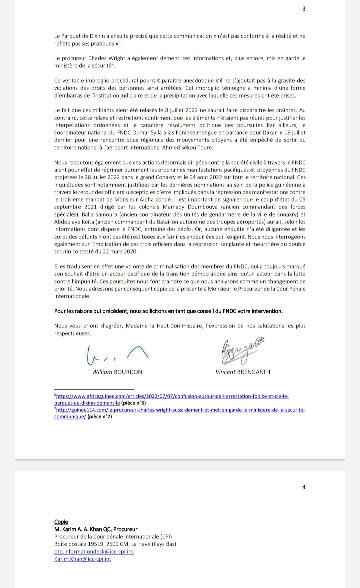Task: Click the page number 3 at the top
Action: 304,9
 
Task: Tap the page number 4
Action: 304,487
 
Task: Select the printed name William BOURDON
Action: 117,372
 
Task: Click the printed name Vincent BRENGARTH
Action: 243,372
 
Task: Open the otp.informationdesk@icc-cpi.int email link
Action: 94,551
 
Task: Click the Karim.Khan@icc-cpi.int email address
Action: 83,559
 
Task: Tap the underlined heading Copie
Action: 61,522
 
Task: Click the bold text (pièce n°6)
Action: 133,403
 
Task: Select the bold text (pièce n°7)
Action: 100,416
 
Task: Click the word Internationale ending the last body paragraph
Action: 72,296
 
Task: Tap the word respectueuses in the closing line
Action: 72,333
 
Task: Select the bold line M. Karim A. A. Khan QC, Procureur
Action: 96,529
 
